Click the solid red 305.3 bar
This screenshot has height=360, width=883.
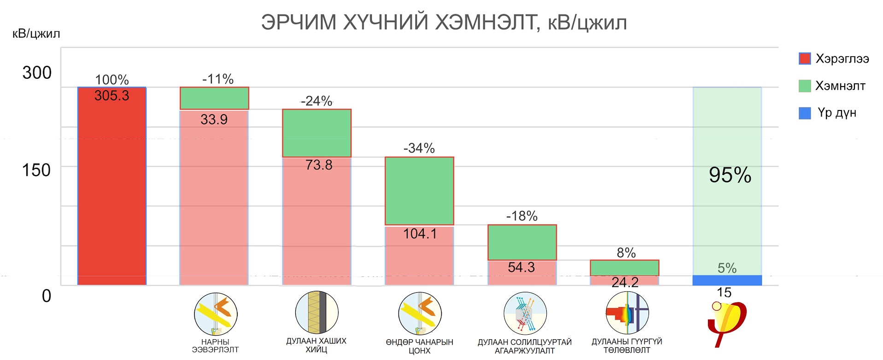111,193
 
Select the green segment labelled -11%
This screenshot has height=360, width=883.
214,98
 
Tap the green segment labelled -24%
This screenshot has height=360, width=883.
316,133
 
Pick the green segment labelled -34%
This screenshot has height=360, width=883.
419,191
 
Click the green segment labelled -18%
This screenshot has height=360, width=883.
522,242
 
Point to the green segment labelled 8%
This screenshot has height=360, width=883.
624,267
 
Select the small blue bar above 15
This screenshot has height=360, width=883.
727,280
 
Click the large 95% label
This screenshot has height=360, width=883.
730,175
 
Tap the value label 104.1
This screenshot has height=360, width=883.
420,234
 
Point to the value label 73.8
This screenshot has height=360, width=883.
318,165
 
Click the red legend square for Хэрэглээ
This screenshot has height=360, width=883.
804,58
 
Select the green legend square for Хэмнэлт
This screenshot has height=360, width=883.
804,86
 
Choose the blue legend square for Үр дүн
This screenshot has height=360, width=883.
804,113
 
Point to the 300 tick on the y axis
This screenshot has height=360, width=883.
37,73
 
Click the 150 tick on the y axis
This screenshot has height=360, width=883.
36,170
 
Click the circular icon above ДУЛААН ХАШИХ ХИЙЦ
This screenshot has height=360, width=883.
316,312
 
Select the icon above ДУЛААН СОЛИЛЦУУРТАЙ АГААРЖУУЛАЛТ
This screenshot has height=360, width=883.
525,314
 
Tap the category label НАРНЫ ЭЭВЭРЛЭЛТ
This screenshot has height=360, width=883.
215,346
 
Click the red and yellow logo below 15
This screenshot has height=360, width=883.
727,322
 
